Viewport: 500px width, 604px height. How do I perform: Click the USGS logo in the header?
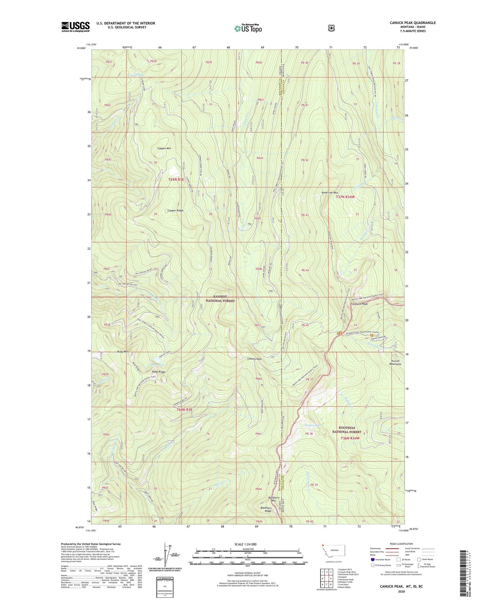[75, 27]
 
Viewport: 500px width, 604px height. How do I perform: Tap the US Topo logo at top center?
[248, 28]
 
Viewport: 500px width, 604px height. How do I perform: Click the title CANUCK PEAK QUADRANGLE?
[412, 23]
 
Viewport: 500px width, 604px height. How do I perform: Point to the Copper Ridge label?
[175, 210]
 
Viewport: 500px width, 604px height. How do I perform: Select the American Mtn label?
[329, 193]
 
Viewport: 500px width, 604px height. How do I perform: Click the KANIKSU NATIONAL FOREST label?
[220, 299]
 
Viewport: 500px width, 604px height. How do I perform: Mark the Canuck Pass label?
[254, 359]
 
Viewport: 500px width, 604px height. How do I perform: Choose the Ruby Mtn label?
[122, 352]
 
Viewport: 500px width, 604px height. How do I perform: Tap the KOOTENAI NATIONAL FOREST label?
[346, 430]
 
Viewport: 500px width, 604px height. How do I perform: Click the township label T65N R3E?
[176, 180]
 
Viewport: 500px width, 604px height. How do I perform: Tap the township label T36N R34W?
[350, 438]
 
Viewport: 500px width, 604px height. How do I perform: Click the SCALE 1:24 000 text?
[245, 544]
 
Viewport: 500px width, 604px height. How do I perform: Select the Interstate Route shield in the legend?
[372, 559]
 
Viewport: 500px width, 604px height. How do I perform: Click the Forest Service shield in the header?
[331, 28]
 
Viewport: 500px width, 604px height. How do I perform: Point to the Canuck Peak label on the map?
[360, 304]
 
